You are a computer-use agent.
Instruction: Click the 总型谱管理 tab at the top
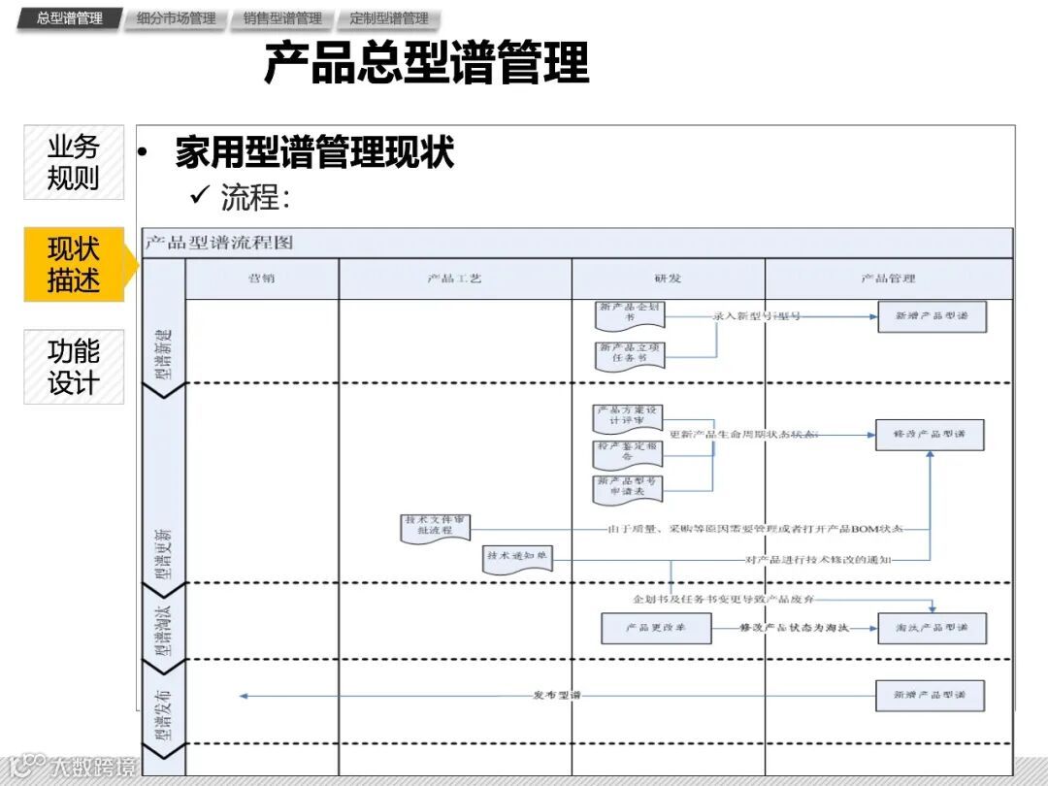(69, 18)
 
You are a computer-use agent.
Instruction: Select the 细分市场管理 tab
(176, 18)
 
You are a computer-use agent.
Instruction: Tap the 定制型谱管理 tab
(388, 18)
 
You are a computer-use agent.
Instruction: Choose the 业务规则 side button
(74, 163)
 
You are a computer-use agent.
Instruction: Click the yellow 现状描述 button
(74, 264)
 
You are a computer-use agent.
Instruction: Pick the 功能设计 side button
(74, 366)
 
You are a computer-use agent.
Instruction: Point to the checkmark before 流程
(201, 197)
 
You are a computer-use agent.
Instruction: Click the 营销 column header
(261, 278)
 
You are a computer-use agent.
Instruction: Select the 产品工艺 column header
(454, 278)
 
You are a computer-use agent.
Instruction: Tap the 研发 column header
(668, 278)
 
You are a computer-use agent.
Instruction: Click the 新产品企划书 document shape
(630, 314)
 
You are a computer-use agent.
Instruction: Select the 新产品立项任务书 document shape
(630, 353)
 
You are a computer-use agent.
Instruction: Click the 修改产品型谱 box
(930, 434)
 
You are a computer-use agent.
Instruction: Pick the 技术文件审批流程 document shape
(436, 527)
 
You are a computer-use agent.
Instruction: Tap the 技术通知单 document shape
(518, 558)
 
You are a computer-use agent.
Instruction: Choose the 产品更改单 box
(656, 628)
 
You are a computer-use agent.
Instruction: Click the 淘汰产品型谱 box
(932, 628)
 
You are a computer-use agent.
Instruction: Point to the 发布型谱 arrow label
(557, 696)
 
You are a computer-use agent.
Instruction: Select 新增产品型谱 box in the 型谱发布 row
(930, 695)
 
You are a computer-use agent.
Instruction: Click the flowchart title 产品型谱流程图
(219, 243)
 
